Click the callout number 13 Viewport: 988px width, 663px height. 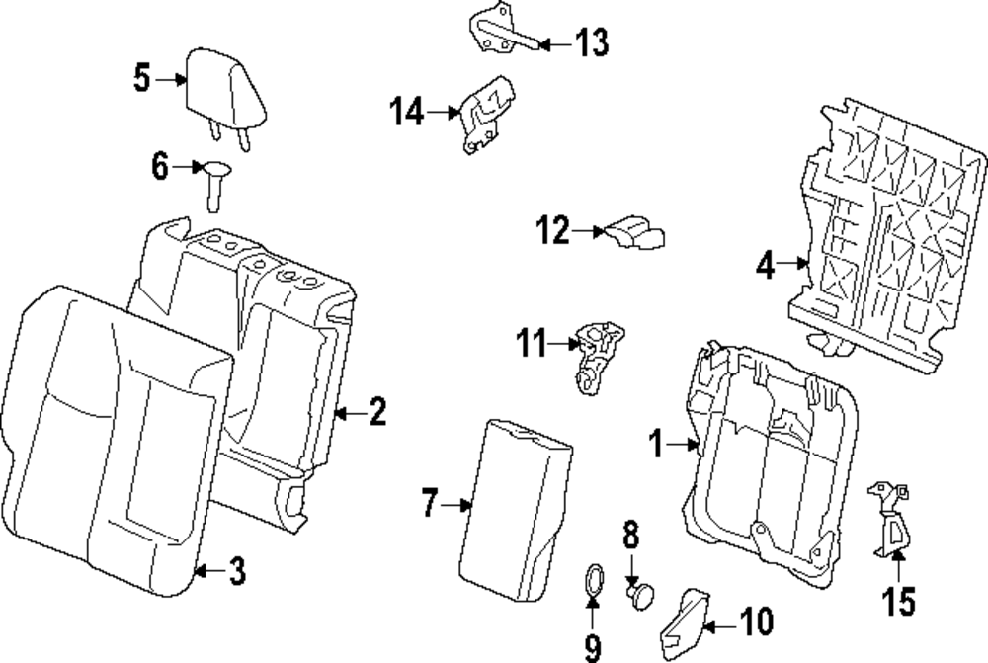592,43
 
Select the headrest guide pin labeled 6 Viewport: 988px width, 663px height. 214,185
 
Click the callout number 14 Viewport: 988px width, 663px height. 406,112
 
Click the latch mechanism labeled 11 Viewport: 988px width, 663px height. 598,357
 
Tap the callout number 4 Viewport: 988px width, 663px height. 765,265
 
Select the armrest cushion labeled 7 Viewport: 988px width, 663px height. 516,509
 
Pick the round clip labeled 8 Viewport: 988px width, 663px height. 640,595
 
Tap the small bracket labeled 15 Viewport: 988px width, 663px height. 889,520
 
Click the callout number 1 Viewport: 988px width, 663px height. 657,444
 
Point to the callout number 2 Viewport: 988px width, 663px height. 377,412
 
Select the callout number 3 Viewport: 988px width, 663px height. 237,572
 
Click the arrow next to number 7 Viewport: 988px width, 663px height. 456,505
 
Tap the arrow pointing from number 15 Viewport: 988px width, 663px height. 898,564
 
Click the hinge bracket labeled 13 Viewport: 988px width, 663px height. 505,30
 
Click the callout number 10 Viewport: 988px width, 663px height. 756,622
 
